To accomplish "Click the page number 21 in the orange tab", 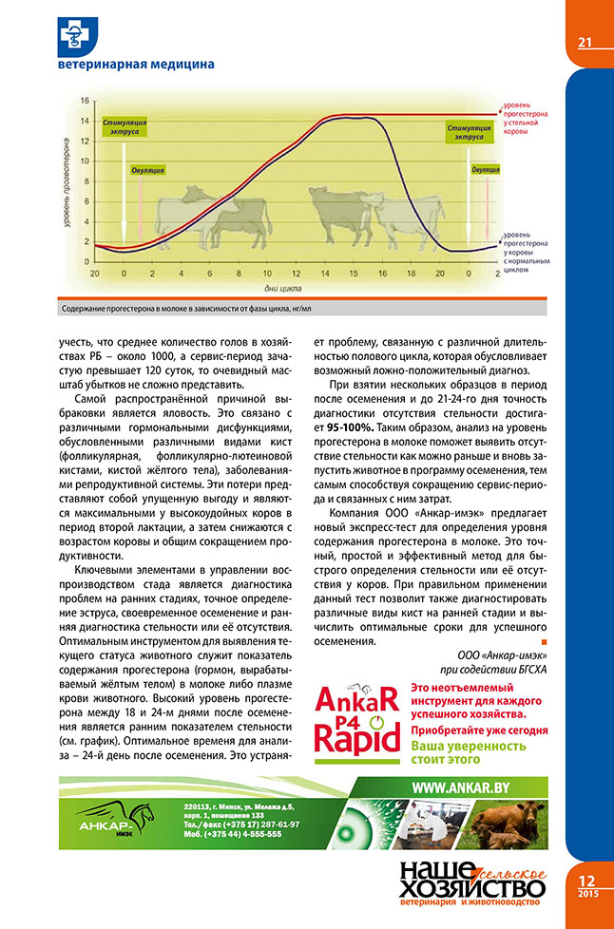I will (585, 41).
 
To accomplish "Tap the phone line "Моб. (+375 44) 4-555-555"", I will (234, 834).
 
